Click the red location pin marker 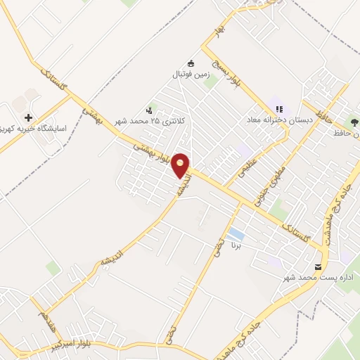click(x=181, y=165)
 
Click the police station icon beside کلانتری click(x=149, y=110)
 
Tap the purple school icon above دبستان click(x=280, y=109)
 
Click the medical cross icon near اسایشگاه click(x=28, y=117)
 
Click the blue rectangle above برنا click(x=237, y=233)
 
